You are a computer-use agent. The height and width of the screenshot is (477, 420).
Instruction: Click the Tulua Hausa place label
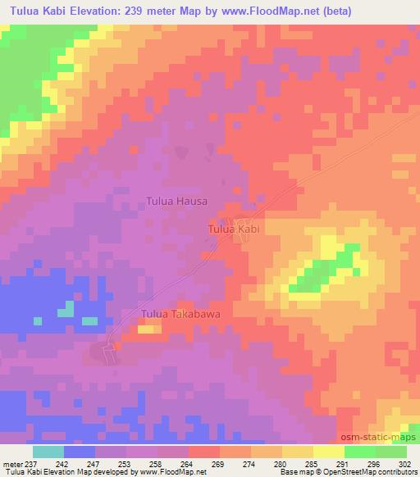(x=176, y=199)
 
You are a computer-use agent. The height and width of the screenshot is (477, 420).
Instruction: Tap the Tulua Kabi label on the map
(x=234, y=230)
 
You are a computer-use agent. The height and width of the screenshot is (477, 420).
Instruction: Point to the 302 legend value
(x=406, y=464)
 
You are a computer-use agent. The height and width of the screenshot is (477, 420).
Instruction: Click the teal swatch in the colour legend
(x=48, y=452)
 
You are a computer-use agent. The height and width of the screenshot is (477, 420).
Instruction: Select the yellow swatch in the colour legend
(x=329, y=452)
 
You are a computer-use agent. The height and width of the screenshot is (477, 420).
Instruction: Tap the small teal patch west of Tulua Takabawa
(x=66, y=308)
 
